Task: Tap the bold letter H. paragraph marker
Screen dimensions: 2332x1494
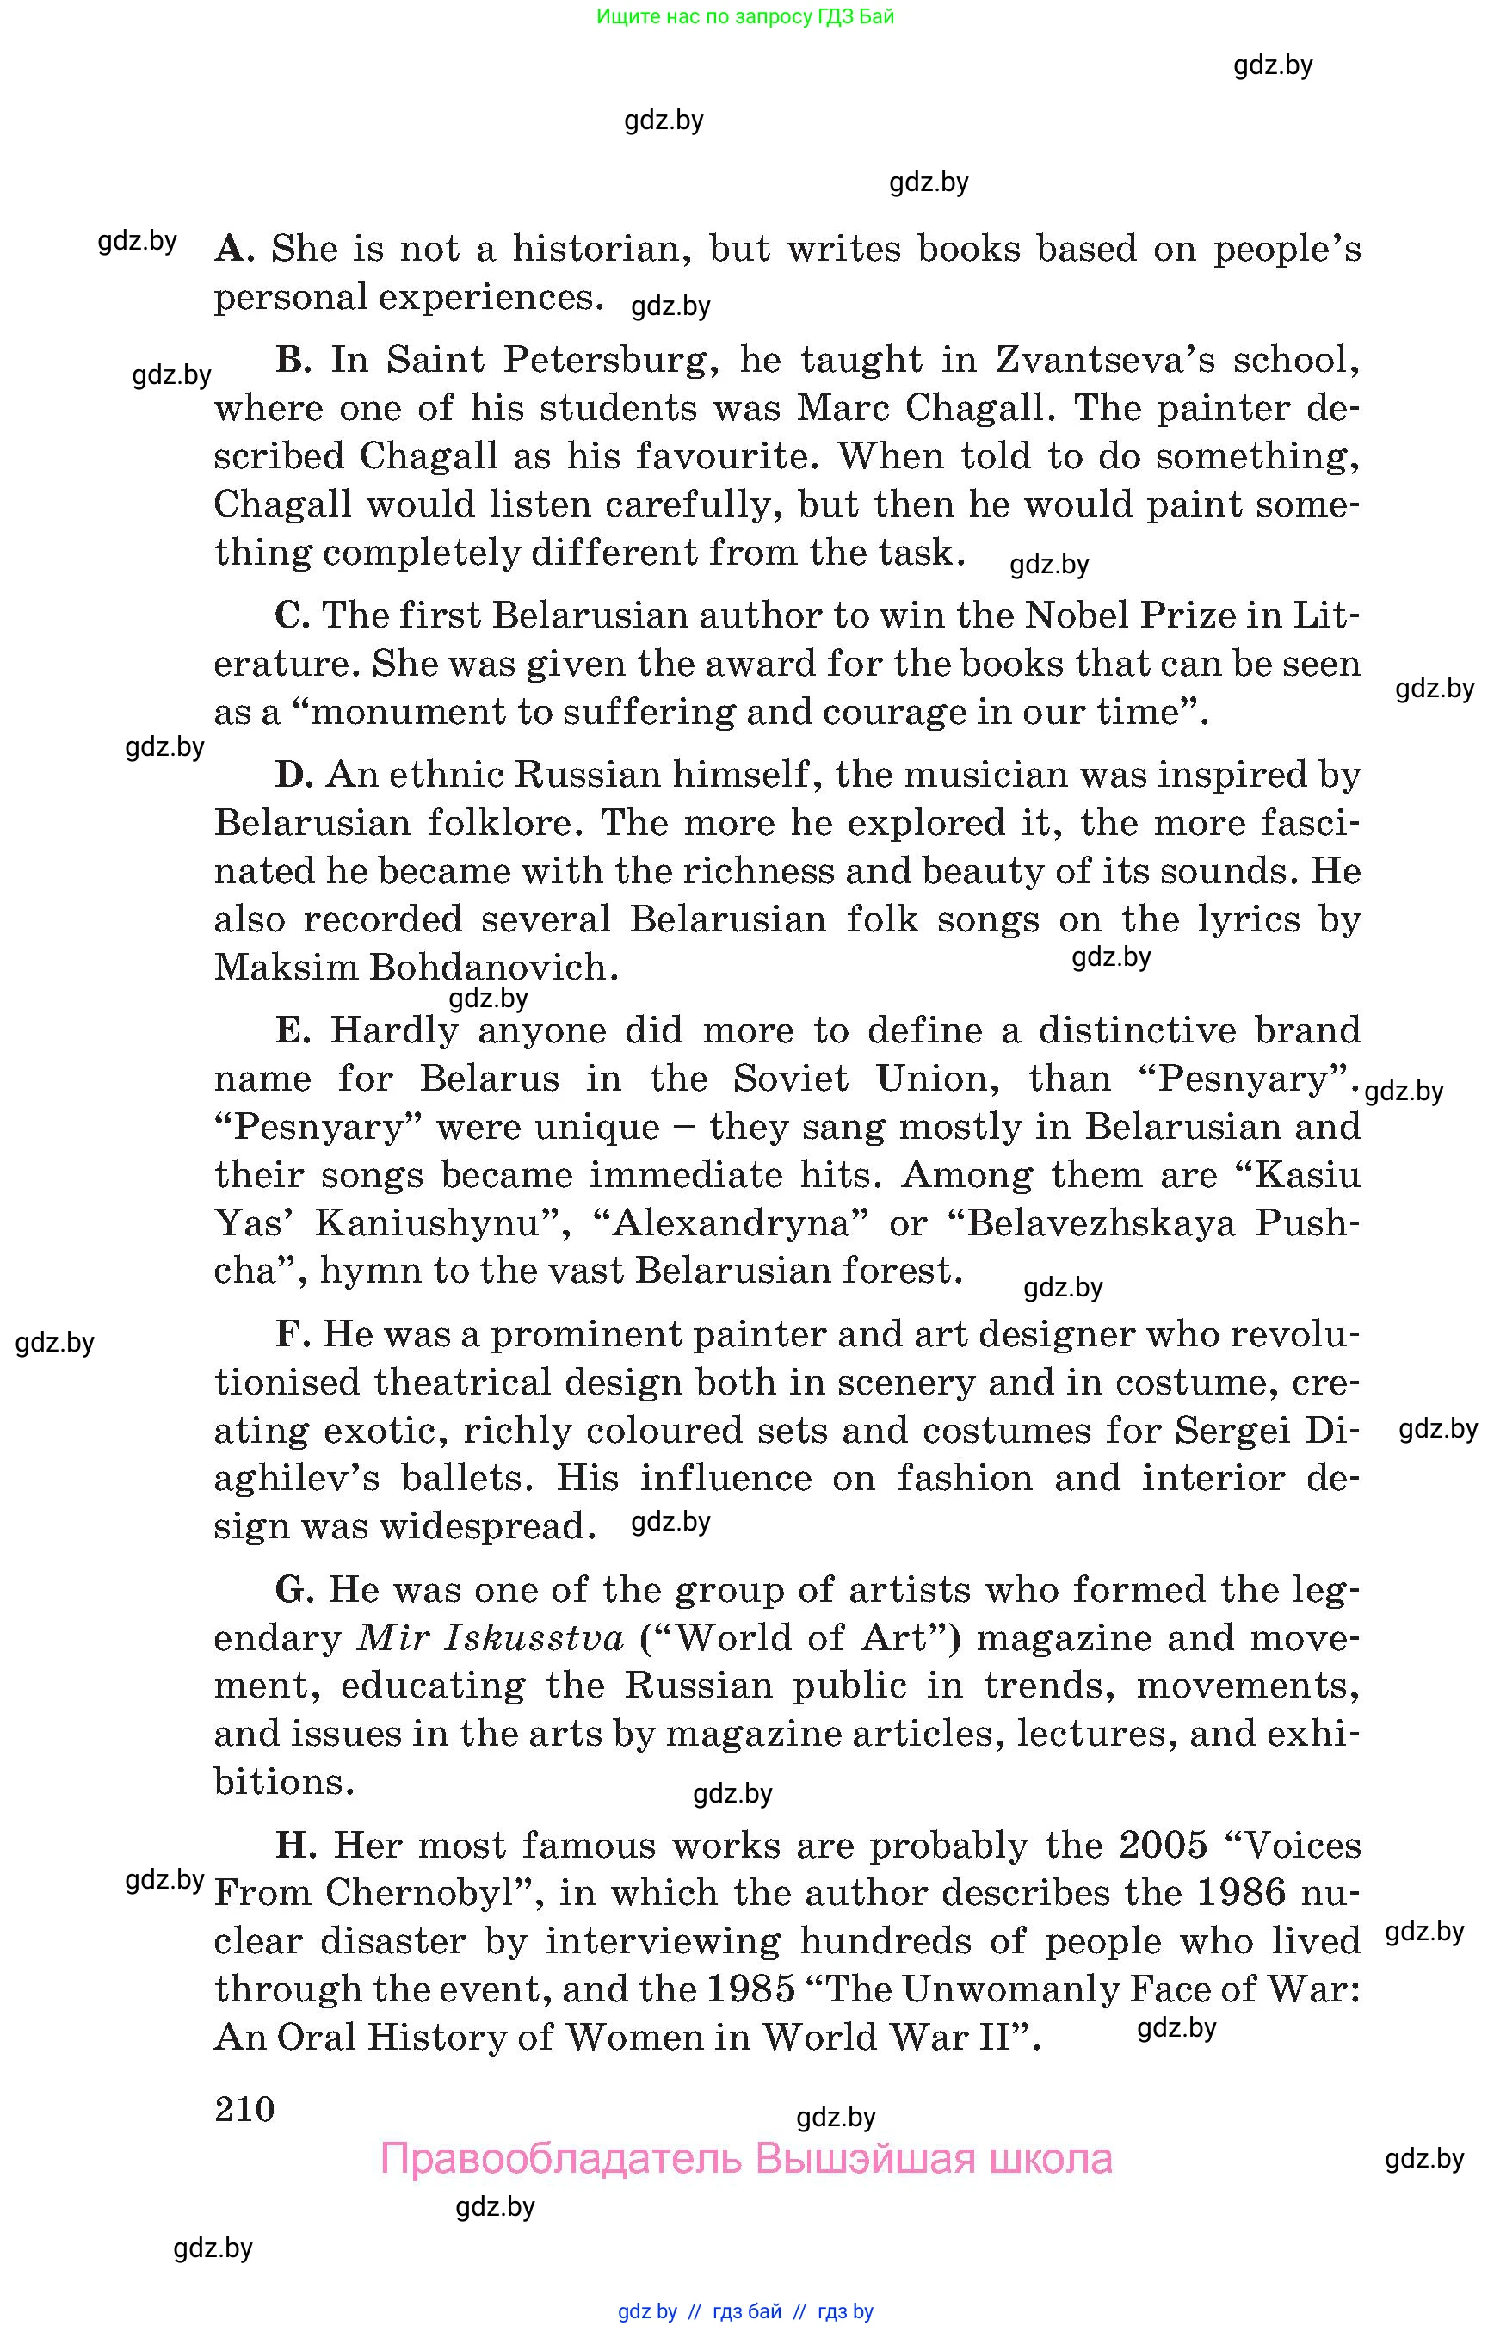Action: click(296, 1844)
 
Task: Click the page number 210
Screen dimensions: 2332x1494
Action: click(244, 2108)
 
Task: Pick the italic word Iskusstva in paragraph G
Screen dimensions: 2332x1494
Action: click(534, 1637)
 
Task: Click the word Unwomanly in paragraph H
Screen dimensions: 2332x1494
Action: click(1009, 1989)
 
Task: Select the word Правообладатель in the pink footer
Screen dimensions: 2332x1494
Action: click(561, 2158)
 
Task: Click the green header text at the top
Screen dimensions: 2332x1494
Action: click(745, 16)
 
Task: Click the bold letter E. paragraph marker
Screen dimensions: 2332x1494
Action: click(293, 1030)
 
